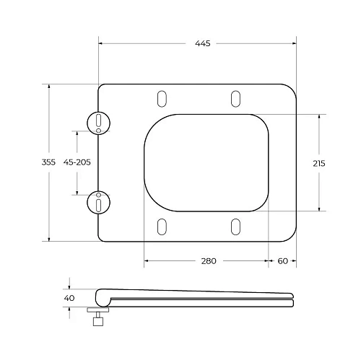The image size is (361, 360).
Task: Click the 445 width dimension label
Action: click(202, 44)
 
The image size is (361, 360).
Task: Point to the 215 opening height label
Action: click(318, 163)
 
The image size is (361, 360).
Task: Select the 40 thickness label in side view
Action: click(69, 297)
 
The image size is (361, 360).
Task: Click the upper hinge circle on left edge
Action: click(97, 123)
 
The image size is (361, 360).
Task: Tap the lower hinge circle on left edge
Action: click(97, 203)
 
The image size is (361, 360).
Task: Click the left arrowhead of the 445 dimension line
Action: click(101, 44)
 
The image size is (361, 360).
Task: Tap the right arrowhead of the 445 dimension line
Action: click(294, 44)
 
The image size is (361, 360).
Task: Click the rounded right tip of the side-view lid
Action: click(291, 297)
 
